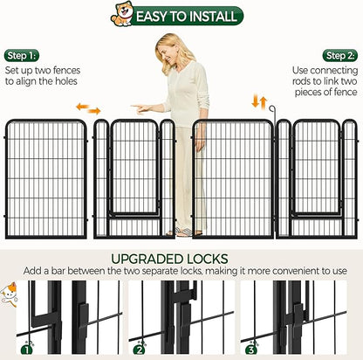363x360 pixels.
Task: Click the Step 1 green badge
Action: pyautogui.click(x=22, y=56)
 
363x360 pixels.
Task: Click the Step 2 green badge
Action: pyautogui.click(x=340, y=56)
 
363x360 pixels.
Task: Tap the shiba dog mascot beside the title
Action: pyautogui.click(x=122, y=14)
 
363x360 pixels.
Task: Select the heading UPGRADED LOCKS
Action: pyautogui.click(x=169, y=259)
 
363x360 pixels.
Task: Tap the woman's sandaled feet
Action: pyautogui.click(x=184, y=232)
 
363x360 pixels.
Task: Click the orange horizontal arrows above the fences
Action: pyautogui.click(x=88, y=108)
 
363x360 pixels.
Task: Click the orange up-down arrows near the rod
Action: pyautogui.click(x=259, y=102)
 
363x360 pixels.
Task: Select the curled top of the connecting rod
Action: pyautogui.click(x=272, y=109)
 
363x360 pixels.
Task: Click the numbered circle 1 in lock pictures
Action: pyautogui.click(x=27, y=350)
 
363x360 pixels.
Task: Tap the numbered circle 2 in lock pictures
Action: pyautogui.click(x=140, y=350)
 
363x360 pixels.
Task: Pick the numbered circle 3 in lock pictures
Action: pyautogui.click(x=251, y=350)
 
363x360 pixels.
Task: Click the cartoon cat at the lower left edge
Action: pyautogui.click(x=9, y=294)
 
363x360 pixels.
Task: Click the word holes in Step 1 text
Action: pyautogui.click(x=65, y=81)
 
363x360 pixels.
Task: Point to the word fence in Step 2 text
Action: pyautogui.click(x=346, y=93)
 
